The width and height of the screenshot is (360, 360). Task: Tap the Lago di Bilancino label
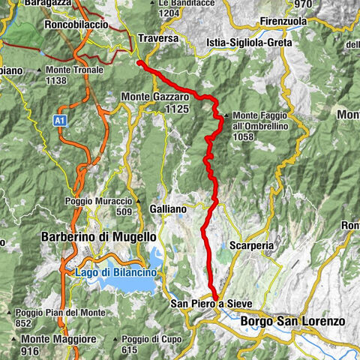(115, 272)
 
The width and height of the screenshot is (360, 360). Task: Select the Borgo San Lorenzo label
(293, 321)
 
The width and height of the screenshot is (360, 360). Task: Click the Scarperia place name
(250, 245)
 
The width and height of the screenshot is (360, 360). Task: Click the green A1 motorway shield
(60, 118)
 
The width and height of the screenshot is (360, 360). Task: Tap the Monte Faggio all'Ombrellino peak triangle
(226, 115)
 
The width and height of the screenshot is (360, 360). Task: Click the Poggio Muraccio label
(105, 202)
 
